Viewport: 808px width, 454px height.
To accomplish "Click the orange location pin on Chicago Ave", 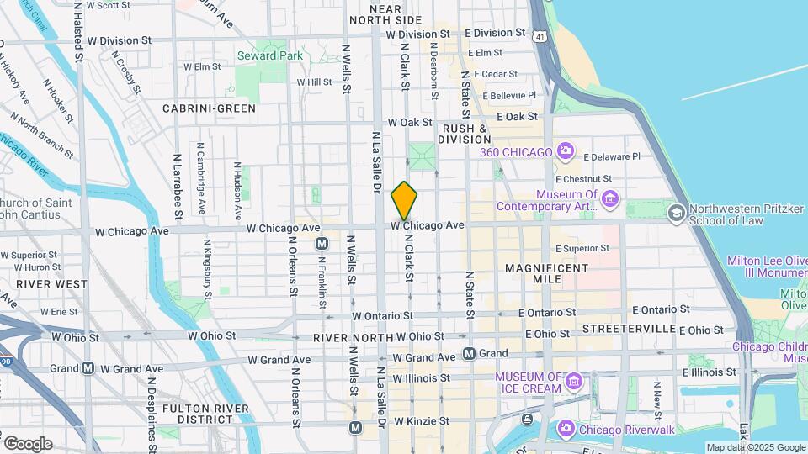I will coord(405,200).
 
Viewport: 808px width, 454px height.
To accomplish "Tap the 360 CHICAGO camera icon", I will coord(566,152).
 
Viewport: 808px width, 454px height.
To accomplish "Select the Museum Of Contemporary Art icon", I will coord(610,200).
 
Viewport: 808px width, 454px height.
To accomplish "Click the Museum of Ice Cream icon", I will coord(574,382).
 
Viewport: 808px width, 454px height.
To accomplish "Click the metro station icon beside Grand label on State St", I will coord(469,353).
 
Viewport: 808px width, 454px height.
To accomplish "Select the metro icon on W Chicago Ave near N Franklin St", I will coord(321,244).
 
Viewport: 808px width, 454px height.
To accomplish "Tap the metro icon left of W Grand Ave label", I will coord(88,368).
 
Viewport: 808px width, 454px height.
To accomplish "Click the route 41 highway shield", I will coord(539,35).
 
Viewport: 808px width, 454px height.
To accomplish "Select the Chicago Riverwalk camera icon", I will coord(566,430).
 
